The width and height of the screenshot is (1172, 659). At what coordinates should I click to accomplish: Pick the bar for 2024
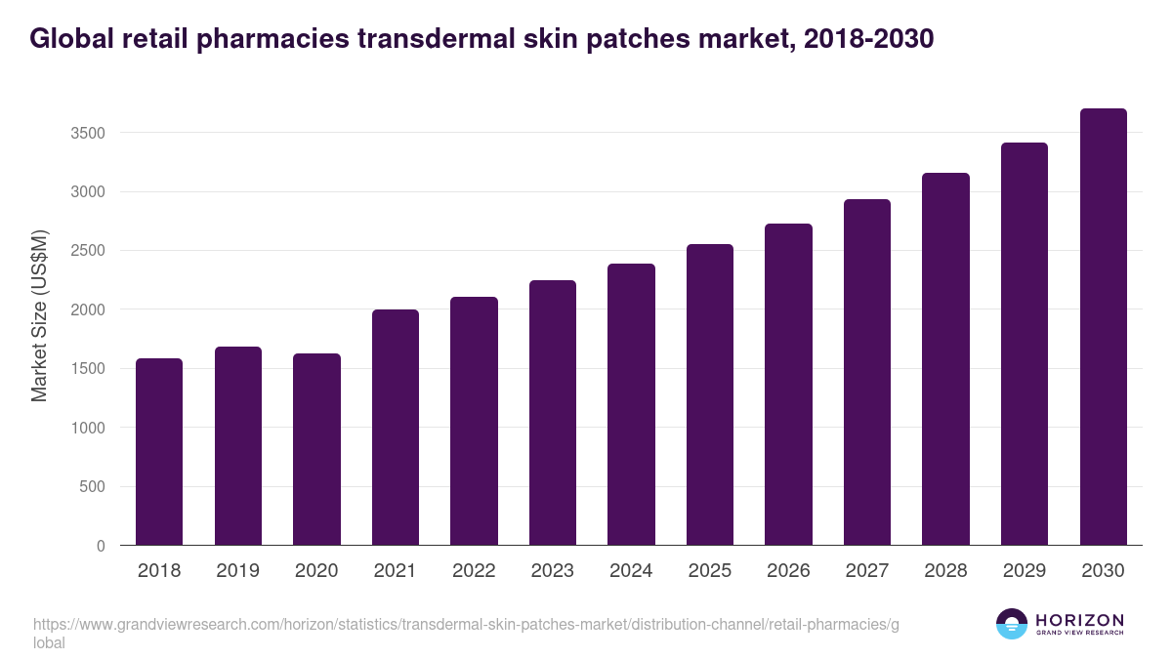coord(631,404)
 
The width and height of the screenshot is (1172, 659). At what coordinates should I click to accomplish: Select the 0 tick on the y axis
coord(102,546)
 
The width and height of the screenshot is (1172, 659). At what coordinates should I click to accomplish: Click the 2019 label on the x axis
coord(238,570)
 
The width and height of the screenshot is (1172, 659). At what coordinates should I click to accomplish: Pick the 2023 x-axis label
coord(553,570)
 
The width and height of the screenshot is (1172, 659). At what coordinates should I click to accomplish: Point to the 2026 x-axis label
coord(788,570)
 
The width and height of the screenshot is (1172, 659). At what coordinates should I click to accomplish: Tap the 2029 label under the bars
coord(1025,570)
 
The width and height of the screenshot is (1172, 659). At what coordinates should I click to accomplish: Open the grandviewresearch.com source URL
coord(465,625)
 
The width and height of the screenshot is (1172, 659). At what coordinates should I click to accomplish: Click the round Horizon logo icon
coord(1012,624)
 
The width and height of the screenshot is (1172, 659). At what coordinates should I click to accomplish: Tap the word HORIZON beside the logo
coord(1080,620)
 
